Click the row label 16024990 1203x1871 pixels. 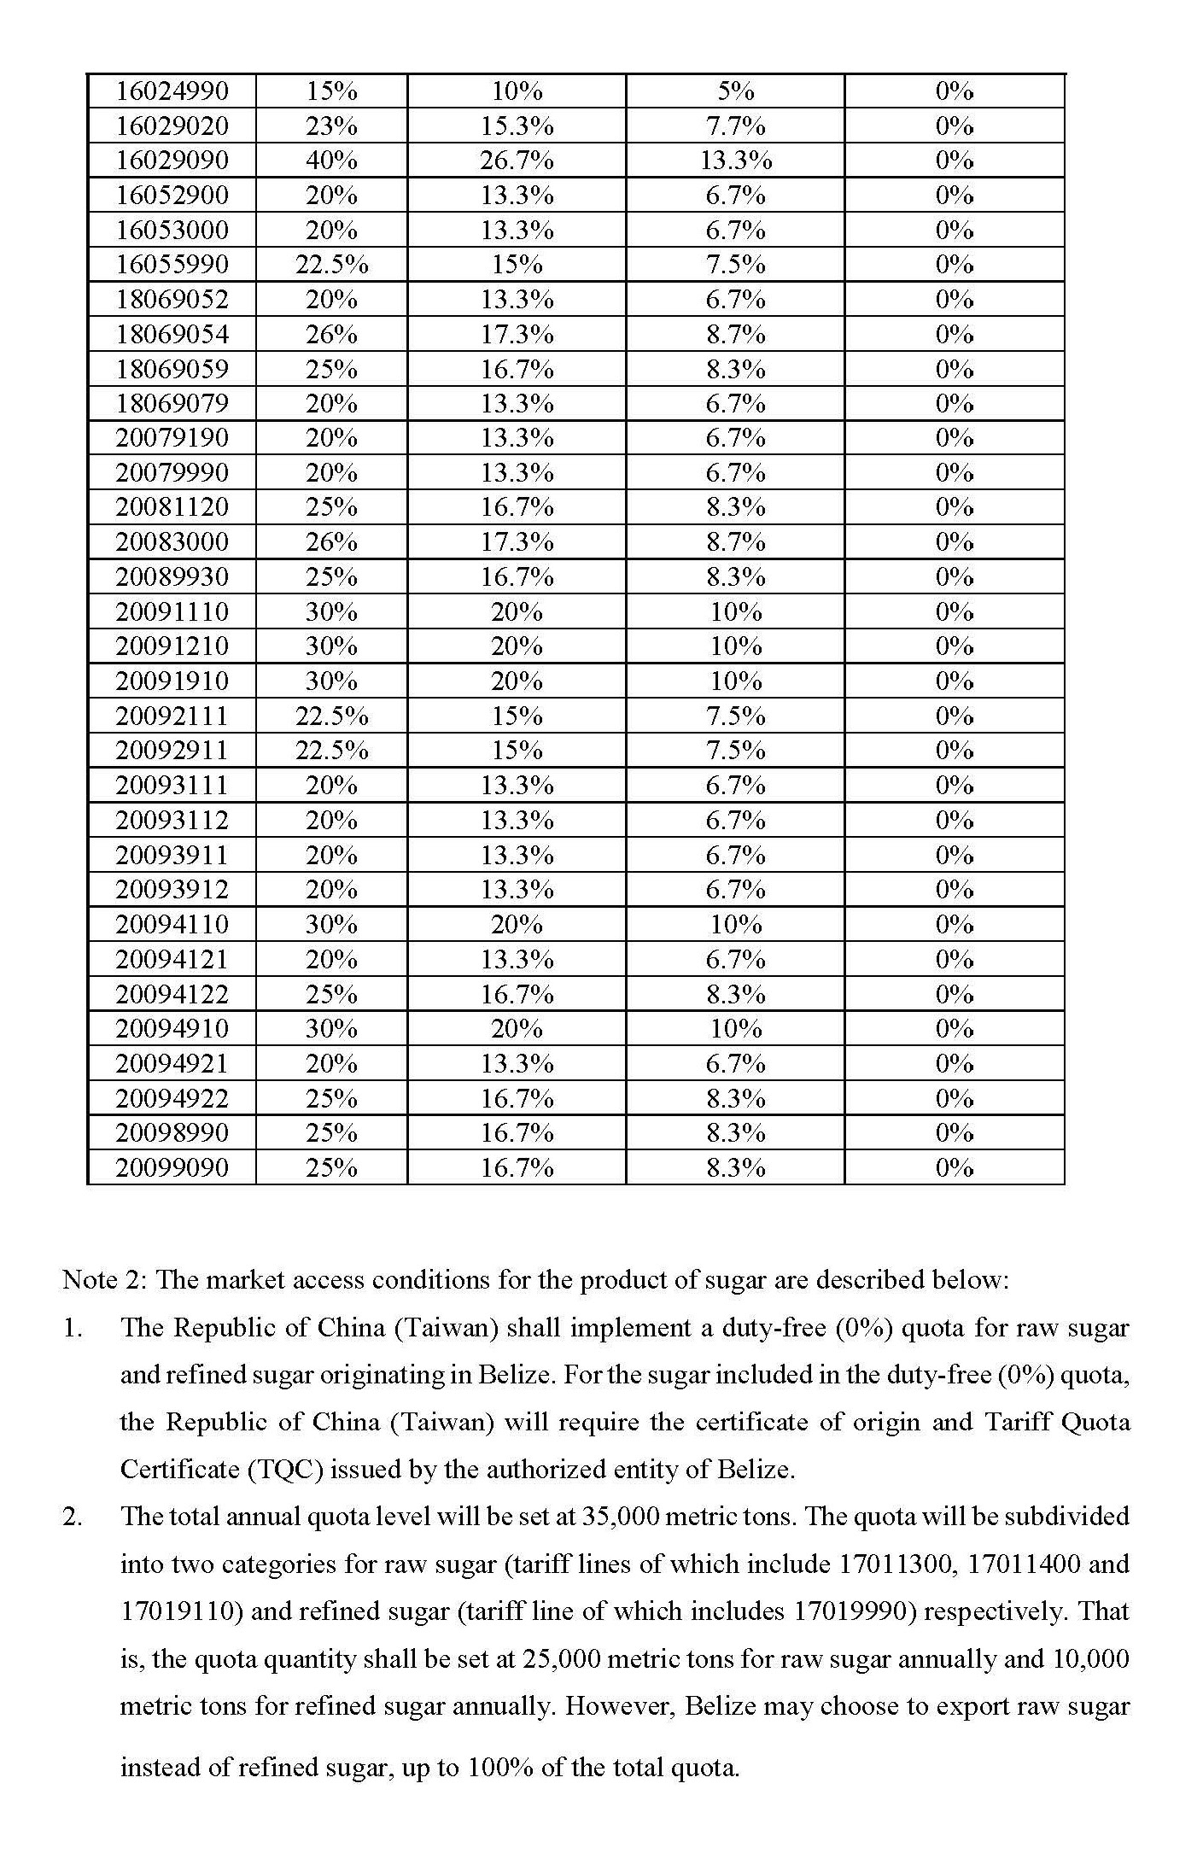tap(172, 91)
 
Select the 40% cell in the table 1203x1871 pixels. tap(331, 161)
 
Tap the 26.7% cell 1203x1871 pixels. tap(517, 161)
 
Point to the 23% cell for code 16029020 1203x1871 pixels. tap(331, 126)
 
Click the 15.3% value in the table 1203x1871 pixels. tap(517, 126)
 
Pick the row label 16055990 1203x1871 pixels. tap(172, 265)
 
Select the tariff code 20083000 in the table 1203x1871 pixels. tap(172, 542)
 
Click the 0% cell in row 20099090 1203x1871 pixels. tap(954, 1167)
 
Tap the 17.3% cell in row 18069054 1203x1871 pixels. tap(517, 334)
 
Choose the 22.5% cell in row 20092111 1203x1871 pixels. tap(331, 716)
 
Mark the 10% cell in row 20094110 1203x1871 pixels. tap(735, 924)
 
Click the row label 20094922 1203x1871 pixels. tap(172, 1098)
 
